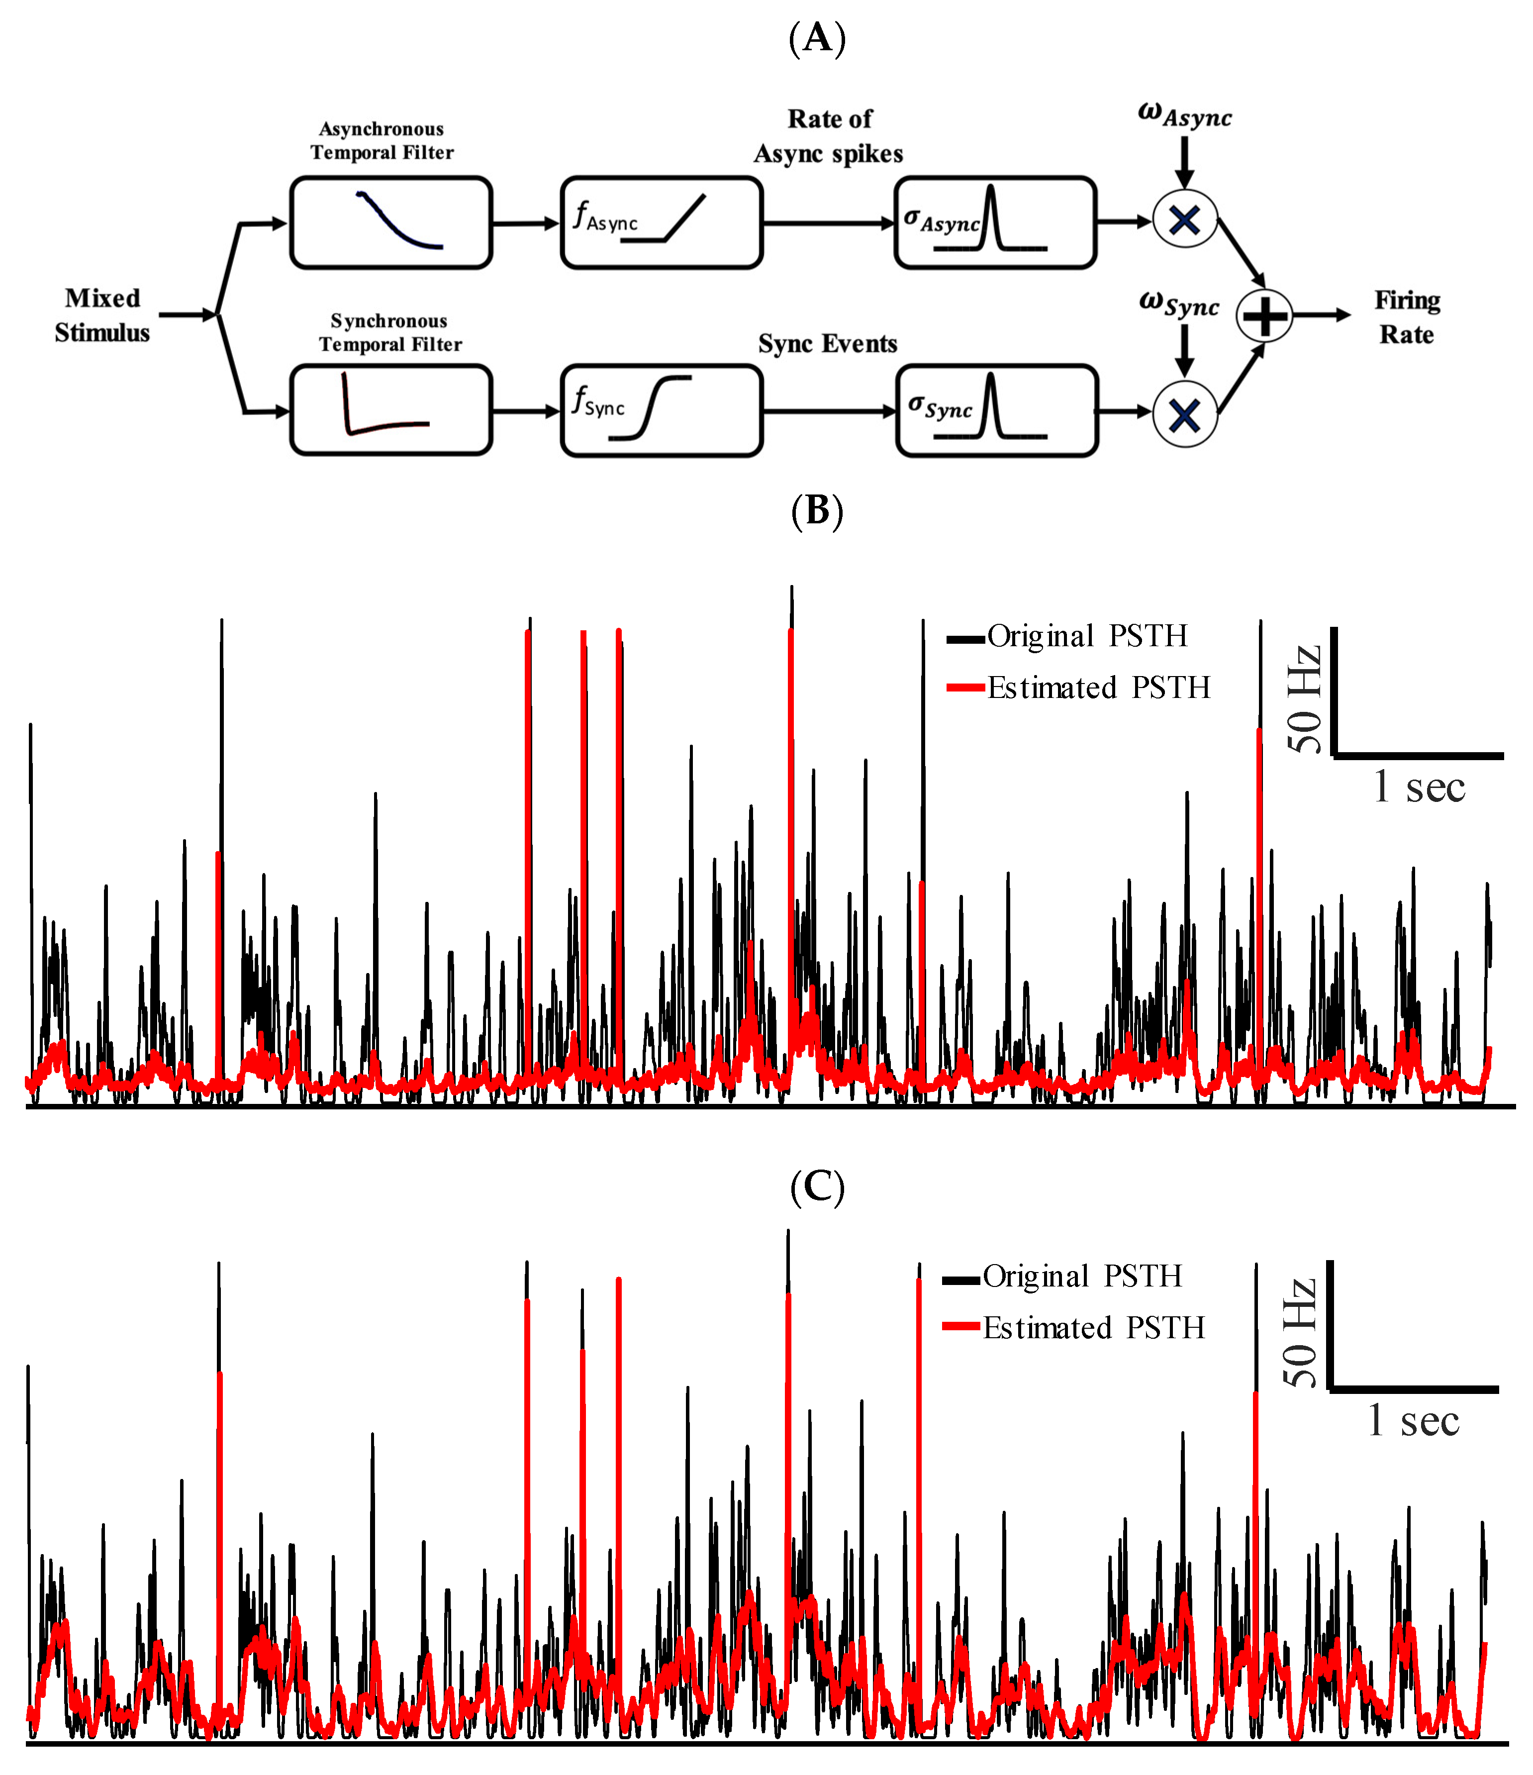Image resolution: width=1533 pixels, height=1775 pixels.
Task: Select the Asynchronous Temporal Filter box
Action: tap(390, 223)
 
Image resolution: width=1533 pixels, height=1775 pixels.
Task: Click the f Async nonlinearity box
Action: tap(661, 223)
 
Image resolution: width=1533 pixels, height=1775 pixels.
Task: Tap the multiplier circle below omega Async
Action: tap(1184, 220)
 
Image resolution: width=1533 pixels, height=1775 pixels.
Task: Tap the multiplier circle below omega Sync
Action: tap(1184, 415)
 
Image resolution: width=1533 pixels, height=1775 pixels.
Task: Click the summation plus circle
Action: tap(1264, 316)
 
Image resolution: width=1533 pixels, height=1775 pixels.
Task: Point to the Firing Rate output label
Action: tap(1407, 317)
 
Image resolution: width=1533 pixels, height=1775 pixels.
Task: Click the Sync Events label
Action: tap(827, 344)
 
